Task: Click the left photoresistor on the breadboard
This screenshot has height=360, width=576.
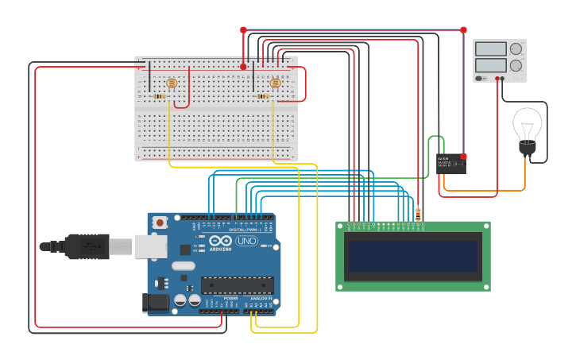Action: tap(171, 83)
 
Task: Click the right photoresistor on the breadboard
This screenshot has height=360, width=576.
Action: tap(275, 83)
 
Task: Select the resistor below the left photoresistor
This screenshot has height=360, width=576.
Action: tap(159, 97)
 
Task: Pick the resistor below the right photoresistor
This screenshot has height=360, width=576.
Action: tap(263, 97)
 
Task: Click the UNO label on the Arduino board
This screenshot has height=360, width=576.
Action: tap(247, 241)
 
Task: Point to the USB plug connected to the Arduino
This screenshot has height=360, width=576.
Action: tap(87, 246)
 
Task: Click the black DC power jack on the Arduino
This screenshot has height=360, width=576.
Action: tap(154, 303)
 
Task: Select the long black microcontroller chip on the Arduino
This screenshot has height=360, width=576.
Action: tap(237, 285)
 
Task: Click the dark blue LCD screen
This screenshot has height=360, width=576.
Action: tap(412, 257)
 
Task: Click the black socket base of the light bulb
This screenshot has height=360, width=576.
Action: tap(527, 148)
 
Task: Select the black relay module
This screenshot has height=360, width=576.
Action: tap(450, 164)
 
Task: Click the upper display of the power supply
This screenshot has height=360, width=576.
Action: tap(490, 48)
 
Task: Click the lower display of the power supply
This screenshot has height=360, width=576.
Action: tap(490, 65)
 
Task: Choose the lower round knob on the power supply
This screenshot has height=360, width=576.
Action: tap(516, 66)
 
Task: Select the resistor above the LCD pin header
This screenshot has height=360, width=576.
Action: tap(418, 212)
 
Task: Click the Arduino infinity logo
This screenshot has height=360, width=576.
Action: tap(222, 241)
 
